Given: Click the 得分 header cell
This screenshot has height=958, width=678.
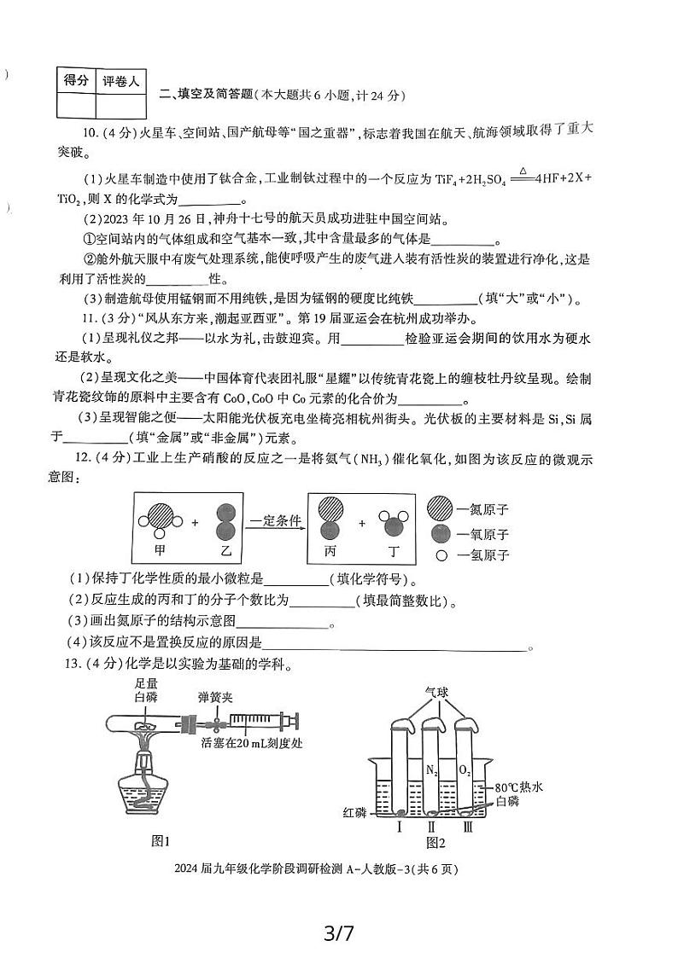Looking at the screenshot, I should click(75, 80).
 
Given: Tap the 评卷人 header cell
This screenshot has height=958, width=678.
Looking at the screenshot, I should click(120, 81).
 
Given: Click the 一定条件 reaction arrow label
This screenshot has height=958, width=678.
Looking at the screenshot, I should click(276, 520).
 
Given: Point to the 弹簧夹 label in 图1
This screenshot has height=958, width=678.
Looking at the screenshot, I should click(215, 697).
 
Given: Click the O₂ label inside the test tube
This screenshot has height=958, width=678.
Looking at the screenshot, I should click(465, 770).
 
